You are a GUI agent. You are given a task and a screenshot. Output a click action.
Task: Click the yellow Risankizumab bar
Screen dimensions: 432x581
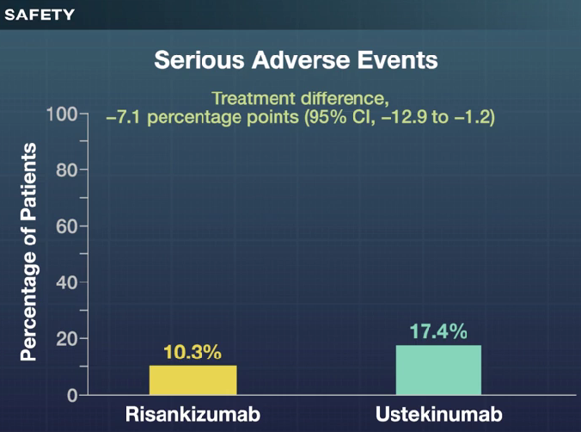tap(193, 380)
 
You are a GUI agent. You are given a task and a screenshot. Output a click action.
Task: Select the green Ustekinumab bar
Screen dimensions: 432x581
tap(438, 370)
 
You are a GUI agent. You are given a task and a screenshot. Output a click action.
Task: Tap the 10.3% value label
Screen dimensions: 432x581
tap(193, 353)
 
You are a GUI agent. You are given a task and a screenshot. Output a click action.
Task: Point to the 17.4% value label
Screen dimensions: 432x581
tap(438, 331)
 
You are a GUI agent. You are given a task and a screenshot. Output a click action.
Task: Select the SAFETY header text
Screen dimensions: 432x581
tap(40, 15)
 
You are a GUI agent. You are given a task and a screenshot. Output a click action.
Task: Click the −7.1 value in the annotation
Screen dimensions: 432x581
tap(122, 117)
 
